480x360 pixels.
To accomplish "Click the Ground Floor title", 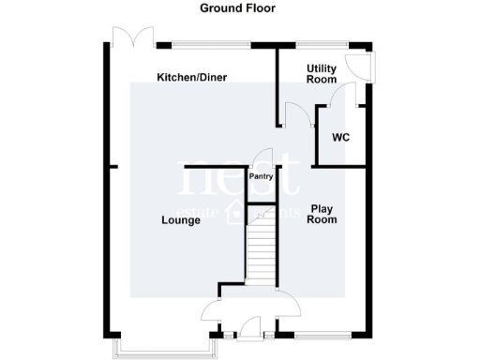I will point(237,8).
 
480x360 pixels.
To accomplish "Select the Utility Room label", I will point(322,74).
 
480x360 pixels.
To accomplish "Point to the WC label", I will point(341,138).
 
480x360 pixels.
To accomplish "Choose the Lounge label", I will point(180,221).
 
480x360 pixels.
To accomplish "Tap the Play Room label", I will point(323,215).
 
